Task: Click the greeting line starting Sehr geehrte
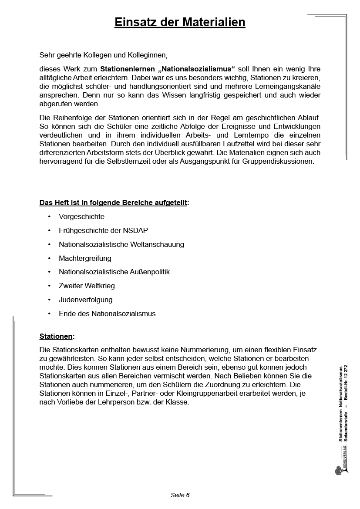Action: [103, 55]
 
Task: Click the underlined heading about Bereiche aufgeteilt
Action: [114, 202]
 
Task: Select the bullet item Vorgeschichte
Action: [81, 216]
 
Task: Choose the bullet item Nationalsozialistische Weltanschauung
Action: [121, 244]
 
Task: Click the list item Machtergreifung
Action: [85, 258]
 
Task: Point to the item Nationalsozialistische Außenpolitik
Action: [114, 272]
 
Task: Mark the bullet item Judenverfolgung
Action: [86, 300]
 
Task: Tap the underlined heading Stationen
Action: [56, 336]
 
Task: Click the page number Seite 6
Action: [180, 495]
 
